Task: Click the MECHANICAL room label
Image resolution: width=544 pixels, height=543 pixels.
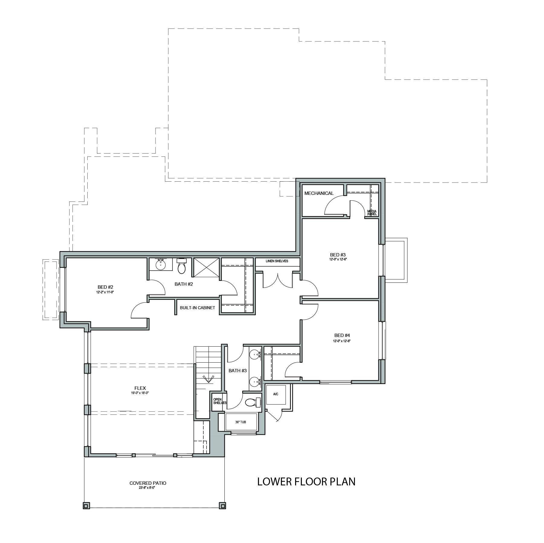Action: tap(319, 193)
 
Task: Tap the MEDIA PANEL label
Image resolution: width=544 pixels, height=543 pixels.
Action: tap(372, 213)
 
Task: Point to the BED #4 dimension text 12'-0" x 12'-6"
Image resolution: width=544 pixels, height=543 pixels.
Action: tap(342, 341)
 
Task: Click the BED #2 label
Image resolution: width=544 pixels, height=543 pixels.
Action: tap(105, 287)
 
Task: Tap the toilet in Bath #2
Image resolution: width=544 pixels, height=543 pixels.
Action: tap(182, 266)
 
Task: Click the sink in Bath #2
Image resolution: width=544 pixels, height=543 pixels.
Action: tap(160, 265)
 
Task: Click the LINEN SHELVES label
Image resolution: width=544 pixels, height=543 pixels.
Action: tap(277, 261)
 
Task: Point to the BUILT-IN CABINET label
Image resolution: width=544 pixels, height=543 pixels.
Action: tap(198, 308)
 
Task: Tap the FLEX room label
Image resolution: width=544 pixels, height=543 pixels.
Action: tap(138, 388)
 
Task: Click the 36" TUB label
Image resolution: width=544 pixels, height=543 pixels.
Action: tap(241, 422)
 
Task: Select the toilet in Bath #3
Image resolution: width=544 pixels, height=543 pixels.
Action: tap(253, 402)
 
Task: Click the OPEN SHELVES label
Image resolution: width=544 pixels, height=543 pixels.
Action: tap(219, 401)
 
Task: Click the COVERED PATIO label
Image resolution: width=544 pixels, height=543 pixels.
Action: tap(148, 491)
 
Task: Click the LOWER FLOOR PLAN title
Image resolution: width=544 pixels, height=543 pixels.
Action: tap(306, 481)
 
